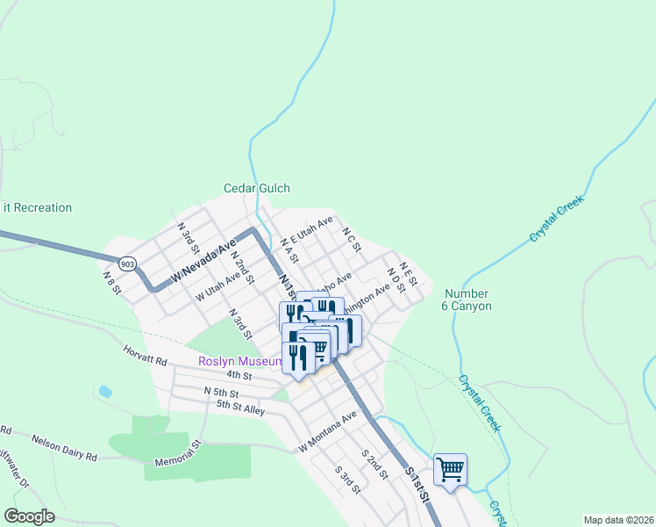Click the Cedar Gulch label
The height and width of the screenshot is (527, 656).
[256, 188]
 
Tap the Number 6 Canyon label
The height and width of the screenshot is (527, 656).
[467, 300]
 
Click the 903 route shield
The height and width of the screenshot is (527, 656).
[127, 263]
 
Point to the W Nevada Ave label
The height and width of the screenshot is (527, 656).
[204, 261]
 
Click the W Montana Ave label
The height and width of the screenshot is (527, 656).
[329, 431]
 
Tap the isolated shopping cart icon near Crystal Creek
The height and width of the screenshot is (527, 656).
[450, 469]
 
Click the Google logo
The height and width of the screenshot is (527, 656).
[29, 516]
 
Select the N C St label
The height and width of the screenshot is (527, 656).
[352, 240]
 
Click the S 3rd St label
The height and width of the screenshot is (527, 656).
[347, 478]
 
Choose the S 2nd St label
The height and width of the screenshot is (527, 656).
[374, 467]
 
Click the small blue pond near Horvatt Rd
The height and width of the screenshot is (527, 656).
[105, 391]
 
